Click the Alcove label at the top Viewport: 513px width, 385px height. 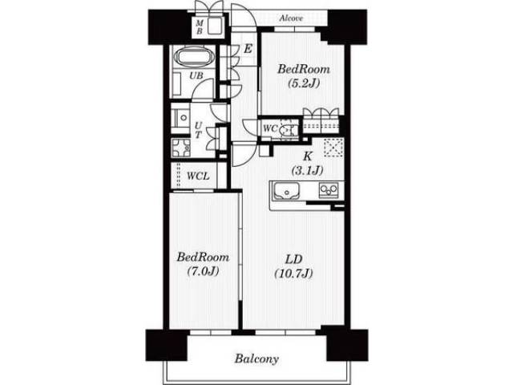click(291, 18)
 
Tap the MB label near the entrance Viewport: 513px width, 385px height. click(200, 26)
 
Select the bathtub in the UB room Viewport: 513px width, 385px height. click(195, 57)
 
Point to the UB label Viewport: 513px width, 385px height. click(196, 75)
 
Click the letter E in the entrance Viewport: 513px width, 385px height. click(248, 49)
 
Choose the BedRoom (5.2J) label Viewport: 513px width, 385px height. click(304, 76)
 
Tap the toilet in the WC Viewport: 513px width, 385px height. click(288, 130)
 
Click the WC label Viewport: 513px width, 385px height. click(270, 128)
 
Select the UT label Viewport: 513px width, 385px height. click(198, 130)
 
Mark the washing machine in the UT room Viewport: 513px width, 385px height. click(180, 148)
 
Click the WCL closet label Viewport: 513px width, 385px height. click(198, 176)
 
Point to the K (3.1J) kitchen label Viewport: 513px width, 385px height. click(307, 163)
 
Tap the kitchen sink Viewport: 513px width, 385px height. click(287, 191)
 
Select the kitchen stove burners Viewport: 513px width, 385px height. click(329, 190)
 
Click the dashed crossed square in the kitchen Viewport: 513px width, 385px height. click(333, 148)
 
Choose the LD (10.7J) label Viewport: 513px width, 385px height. click(293, 266)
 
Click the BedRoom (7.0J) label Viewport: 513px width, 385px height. click(203, 264)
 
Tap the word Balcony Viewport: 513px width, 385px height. click(256, 359)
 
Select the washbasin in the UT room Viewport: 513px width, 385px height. click(181, 118)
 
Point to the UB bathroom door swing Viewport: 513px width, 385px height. click(203, 88)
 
